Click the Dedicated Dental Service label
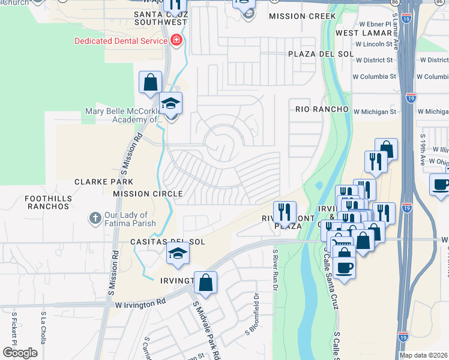coord(120,41)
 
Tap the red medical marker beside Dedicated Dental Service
coord(176,41)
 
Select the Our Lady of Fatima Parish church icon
coord(95,218)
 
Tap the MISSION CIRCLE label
coord(148,194)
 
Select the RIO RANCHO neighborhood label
coord(322,109)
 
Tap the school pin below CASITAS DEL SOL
coord(178,256)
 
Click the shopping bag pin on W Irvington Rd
coord(205,283)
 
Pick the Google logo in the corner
coord(20,353)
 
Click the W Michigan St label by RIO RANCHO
coord(375,112)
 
